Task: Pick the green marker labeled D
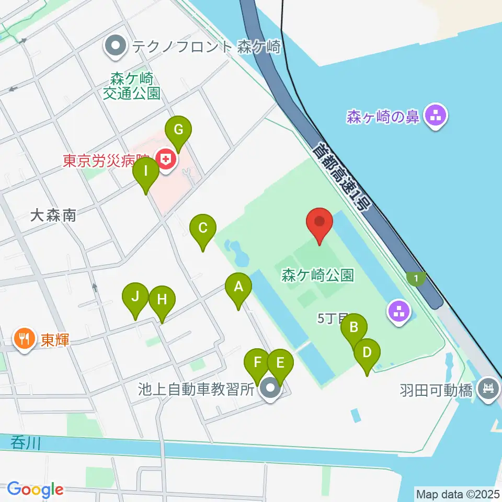coord(367,352)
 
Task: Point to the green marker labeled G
coord(178,129)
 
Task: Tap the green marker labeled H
coord(162,300)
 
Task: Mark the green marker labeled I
coord(146,170)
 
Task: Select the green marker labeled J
coord(135,296)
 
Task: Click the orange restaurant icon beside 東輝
coord(24,340)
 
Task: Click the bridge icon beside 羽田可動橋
coord(488,389)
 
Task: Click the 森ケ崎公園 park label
coord(317,274)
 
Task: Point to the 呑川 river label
coord(25,443)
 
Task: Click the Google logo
coord(35,489)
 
